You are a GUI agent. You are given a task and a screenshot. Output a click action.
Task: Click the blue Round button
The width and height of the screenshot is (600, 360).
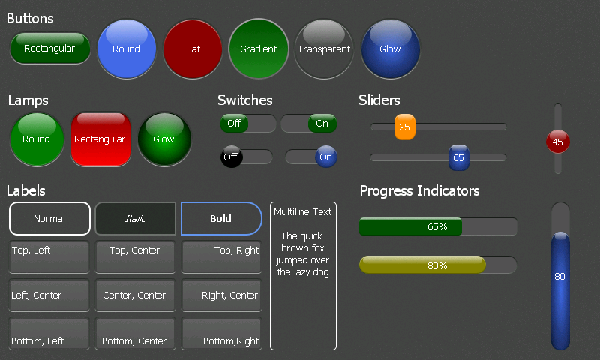pos(126,49)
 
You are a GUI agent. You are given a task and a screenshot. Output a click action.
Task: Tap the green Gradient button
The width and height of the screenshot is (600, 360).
pos(259,49)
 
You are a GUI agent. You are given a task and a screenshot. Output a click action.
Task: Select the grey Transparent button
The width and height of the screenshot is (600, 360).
pos(324,49)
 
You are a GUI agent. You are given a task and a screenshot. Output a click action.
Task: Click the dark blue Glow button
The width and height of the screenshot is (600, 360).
pos(390,49)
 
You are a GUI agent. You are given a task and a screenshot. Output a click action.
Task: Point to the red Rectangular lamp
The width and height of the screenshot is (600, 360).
pos(100,139)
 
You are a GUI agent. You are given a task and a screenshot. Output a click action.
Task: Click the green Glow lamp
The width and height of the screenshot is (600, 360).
pos(164,139)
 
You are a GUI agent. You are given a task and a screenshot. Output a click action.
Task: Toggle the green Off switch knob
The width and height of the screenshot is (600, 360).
pos(234,124)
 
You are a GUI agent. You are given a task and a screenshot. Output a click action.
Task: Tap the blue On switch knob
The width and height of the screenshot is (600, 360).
pos(325,157)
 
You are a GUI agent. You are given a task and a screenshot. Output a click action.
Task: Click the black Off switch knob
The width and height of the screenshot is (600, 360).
pos(230,157)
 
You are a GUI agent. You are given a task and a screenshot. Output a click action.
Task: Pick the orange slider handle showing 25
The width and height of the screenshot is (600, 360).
pos(405,127)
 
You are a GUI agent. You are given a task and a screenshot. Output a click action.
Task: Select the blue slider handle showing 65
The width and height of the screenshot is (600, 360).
pos(458,158)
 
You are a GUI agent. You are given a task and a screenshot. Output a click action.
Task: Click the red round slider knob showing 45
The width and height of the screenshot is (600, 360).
pos(557,142)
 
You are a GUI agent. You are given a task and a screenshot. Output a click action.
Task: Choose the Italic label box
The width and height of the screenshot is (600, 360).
pos(136,219)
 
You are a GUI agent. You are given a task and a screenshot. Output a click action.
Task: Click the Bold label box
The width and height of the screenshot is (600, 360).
pos(221,219)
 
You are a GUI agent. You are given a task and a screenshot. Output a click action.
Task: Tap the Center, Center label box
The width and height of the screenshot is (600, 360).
pos(135,295)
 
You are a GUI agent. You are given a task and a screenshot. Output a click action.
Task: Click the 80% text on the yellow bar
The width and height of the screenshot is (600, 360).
pos(437,265)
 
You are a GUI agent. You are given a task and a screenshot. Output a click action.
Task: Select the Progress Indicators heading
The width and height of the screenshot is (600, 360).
pos(420,191)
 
